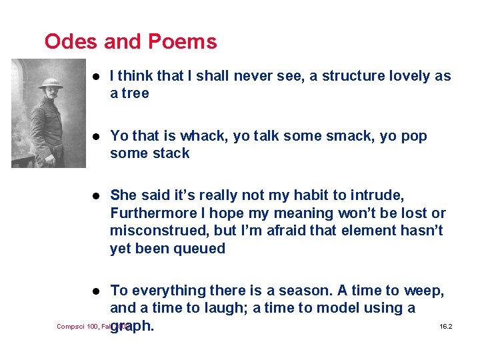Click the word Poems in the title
(x=182, y=41)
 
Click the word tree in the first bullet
(x=135, y=94)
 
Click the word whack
(x=201, y=136)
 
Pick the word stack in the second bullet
(x=169, y=153)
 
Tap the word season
(x=297, y=291)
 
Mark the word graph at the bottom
(x=133, y=327)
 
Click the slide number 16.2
(x=446, y=327)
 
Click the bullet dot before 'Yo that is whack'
(x=97, y=137)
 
